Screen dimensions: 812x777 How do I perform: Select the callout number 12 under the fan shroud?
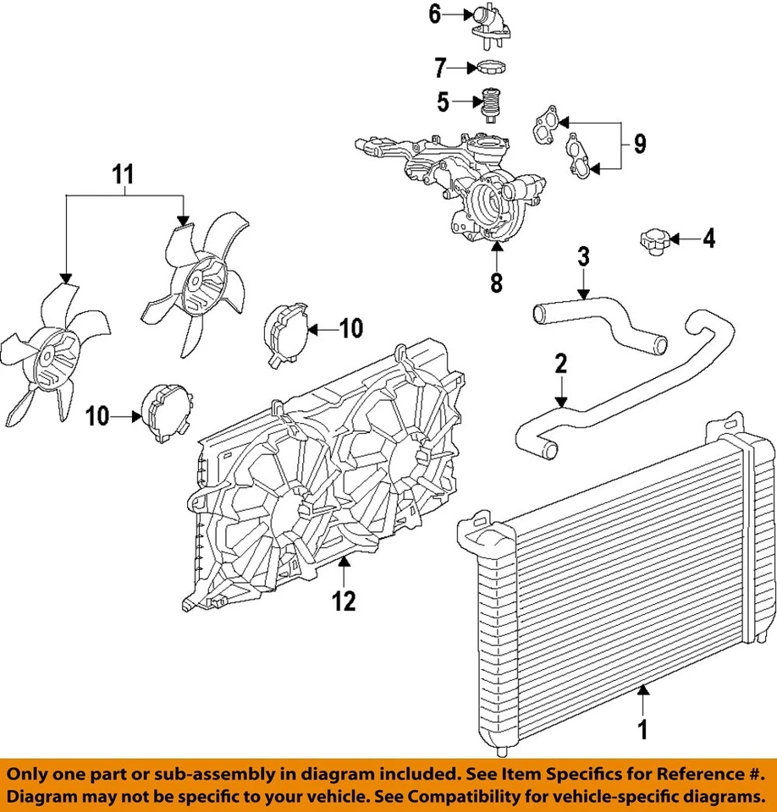[344, 601]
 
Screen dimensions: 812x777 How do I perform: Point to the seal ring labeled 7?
[493, 67]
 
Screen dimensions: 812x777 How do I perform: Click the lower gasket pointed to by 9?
[579, 155]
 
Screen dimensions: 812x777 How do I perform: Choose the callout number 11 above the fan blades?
[124, 175]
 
